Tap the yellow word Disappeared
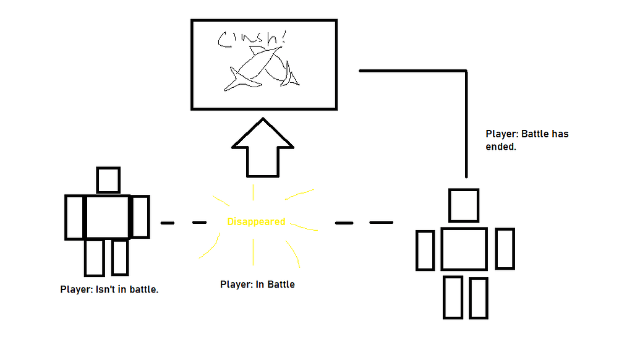(x=256, y=221)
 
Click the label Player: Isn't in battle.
(x=109, y=289)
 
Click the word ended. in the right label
(x=501, y=147)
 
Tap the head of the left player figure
(x=108, y=180)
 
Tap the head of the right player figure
(x=464, y=205)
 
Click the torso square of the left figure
(x=107, y=216)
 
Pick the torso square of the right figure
(x=464, y=249)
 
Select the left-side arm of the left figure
(x=74, y=217)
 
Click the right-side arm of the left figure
(x=140, y=216)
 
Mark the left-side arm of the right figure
(x=425, y=249)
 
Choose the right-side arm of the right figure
(x=505, y=249)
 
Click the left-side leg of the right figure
(x=453, y=298)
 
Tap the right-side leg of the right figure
(x=479, y=298)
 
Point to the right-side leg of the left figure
(x=120, y=257)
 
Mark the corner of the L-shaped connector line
(x=466, y=72)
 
